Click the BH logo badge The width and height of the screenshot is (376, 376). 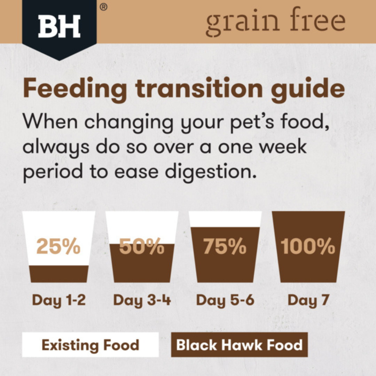(59, 28)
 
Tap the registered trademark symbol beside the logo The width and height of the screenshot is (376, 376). (103, 7)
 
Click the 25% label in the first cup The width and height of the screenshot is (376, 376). (58, 246)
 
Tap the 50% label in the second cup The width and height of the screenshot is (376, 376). (142, 246)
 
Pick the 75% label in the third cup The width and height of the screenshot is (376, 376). (225, 246)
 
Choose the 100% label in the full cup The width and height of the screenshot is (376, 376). (308, 246)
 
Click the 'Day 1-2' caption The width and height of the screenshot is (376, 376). (59, 300)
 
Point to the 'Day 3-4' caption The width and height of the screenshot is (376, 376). (142, 300)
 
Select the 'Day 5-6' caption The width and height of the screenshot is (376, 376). (225, 300)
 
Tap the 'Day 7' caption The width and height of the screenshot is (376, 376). (308, 300)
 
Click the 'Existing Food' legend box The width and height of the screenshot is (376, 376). (91, 345)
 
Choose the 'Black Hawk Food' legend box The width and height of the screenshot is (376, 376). (239, 345)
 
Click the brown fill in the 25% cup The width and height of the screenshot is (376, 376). (59, 274)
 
